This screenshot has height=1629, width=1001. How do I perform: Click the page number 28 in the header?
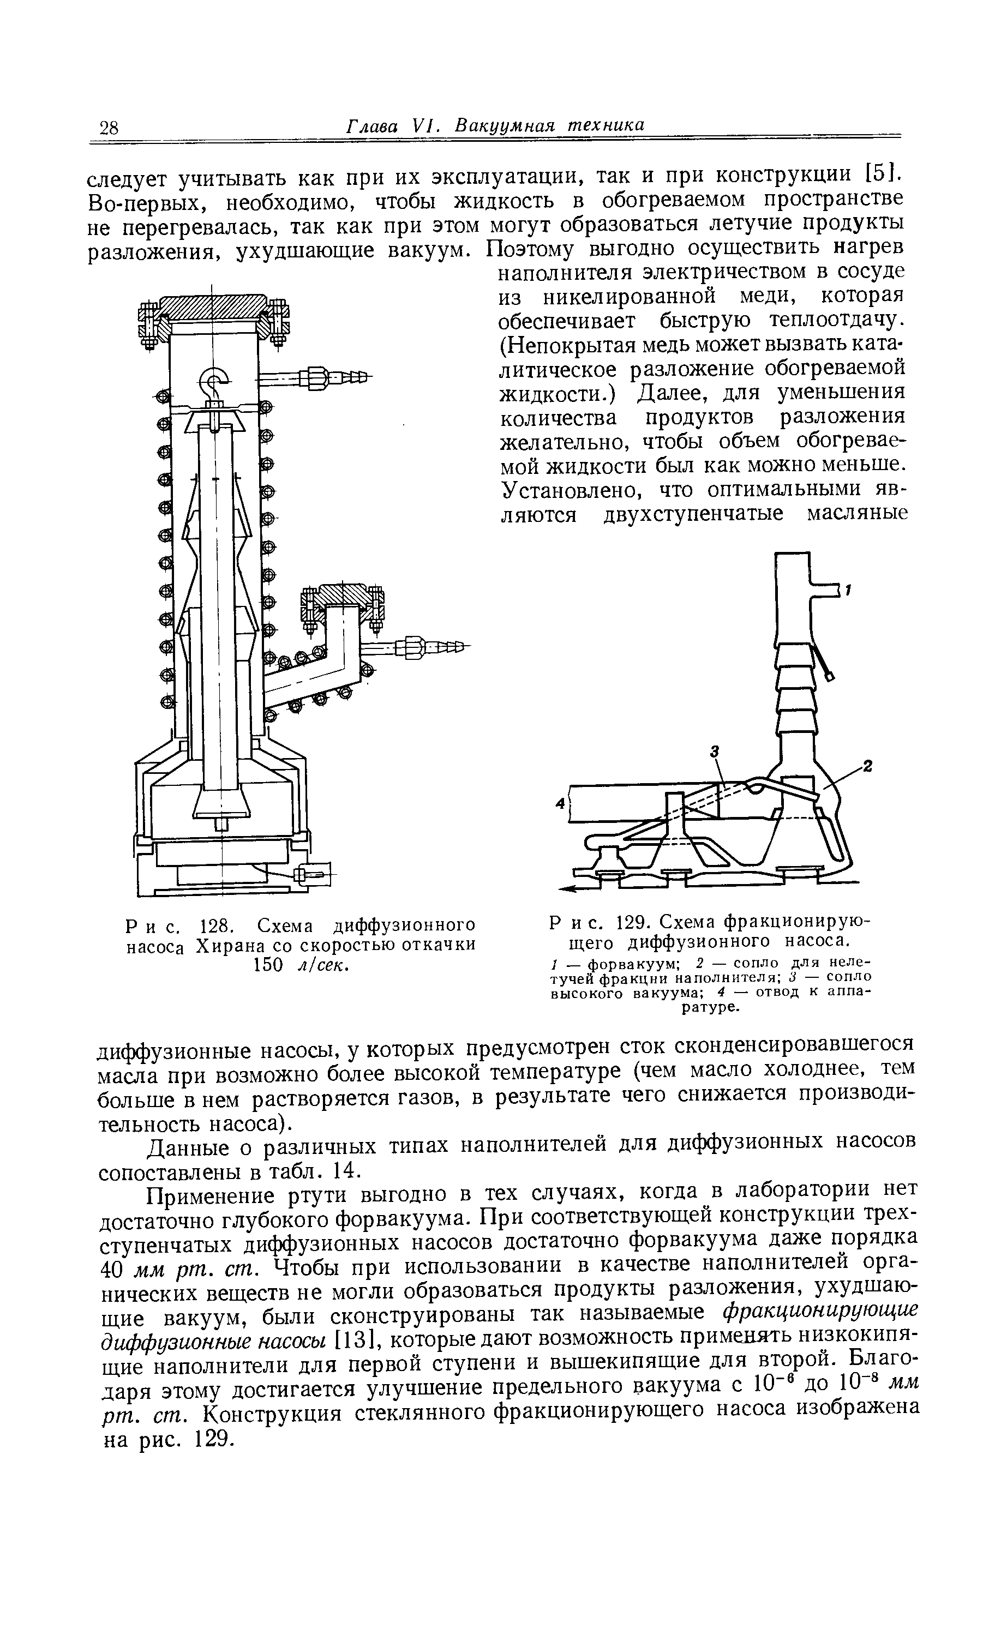click(108, 127)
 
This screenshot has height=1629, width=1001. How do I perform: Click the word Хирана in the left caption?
click(229, 945)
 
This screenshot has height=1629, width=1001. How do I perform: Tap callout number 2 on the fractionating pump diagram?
click(869, 767)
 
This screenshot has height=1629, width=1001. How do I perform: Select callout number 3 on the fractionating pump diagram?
click(715, 751)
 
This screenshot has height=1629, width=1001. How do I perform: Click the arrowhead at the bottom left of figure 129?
click(566, 888)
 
